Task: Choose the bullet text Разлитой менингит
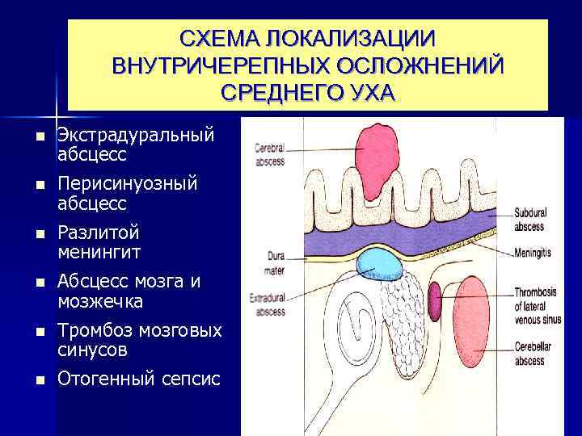pyautogui.click(x=99, y=242)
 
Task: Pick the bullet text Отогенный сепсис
pyautogui.click(x=138, y=378)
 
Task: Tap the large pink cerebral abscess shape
pyautogui.click(x=377, y=160)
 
